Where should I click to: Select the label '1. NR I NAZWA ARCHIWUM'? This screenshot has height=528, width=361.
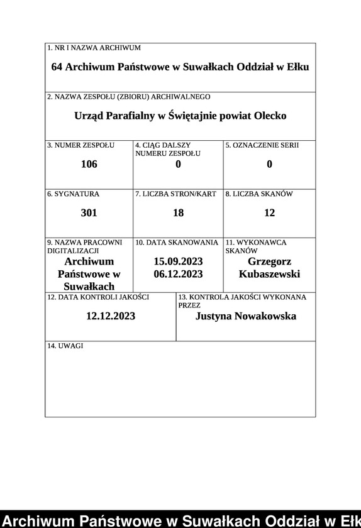pos(94,48)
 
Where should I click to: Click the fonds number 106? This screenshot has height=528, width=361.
pos(89,165)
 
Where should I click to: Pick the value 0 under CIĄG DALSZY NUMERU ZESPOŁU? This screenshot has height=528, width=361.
pos(178,165)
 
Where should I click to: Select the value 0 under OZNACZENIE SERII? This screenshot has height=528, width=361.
pos(269,165)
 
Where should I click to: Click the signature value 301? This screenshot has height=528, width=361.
pos(89,213)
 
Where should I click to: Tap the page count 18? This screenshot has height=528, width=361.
pos(178,213)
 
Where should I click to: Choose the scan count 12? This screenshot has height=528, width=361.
pos(269,213)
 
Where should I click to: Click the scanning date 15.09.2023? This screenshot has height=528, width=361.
pos(178,261)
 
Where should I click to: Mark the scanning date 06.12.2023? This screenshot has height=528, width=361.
pos(178,274)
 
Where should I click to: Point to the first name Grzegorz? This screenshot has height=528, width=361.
pos(269,261)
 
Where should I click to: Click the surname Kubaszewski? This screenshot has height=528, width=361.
pos(269,274)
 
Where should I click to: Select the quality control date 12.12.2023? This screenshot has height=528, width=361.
pos(111,316)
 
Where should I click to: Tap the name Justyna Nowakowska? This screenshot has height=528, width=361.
pos(246,316)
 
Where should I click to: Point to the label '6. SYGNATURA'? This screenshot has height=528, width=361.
pos(73,194)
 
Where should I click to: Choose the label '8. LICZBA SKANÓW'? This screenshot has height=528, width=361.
pos(259,194)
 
